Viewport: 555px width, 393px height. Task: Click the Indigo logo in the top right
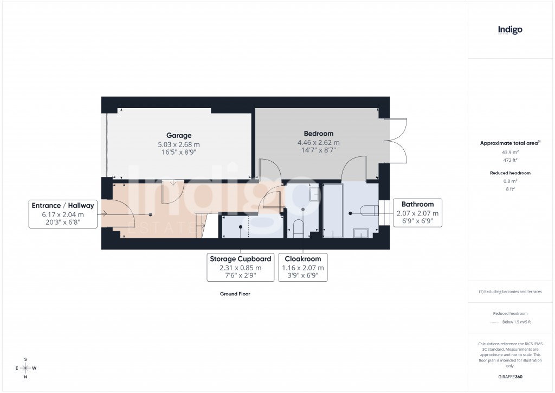(510, 30)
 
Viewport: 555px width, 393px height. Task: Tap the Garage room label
(178, 135)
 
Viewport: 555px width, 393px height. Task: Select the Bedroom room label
(319, 134)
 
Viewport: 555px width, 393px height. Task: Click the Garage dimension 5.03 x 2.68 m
(178, 144)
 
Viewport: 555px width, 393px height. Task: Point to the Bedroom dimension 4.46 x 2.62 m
(319, 142)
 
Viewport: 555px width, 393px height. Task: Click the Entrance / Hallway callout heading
(63, 205)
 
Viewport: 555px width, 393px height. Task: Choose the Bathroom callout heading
(417, 204)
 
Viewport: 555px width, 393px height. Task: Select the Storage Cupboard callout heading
(241, 259)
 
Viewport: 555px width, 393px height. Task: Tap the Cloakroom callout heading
(303, 259)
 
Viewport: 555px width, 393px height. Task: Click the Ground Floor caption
(235, 294)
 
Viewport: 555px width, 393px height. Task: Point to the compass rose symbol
(25, 368)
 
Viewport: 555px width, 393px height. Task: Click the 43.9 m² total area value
(510, 153)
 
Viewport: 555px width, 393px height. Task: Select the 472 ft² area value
(510, 160)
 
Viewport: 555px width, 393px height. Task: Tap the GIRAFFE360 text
(510, 377)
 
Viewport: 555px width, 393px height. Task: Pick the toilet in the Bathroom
(369, 212)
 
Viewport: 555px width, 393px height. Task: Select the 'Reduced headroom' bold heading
(510, 173)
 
